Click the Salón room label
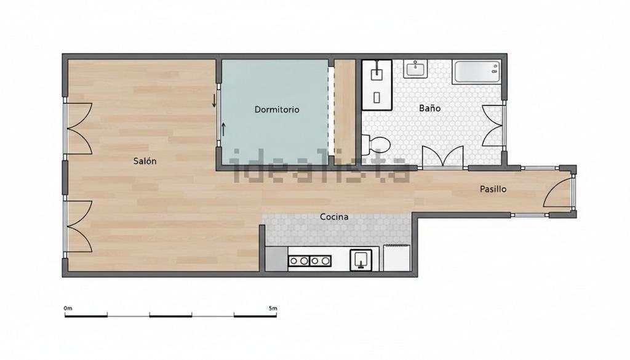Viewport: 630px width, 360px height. tap(145, 161)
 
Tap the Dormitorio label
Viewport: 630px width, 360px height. tap(277, 110)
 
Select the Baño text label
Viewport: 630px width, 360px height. tap(429, 108)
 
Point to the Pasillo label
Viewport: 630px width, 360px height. tap(493, 189)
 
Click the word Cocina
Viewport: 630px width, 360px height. tap(334, 217)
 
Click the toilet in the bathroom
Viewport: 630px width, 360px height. tap(376, 145)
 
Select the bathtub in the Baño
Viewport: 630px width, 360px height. tap(477, 72)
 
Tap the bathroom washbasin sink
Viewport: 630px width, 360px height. tap(415, 69)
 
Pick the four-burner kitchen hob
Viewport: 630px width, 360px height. tap(310, 261)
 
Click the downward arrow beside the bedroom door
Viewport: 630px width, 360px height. tap(214, 100)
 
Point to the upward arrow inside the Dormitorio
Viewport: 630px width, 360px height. tap(223, 129)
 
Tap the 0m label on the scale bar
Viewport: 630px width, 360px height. tap(68, 308)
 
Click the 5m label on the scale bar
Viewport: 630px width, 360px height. tap(273, 308)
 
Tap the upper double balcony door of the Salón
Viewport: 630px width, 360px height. tap(79, 129)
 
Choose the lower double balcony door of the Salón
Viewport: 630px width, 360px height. tap(79, 226)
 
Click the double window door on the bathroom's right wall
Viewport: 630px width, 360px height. tap(493, 126)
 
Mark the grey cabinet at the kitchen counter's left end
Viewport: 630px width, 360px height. tap(276, 258)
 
